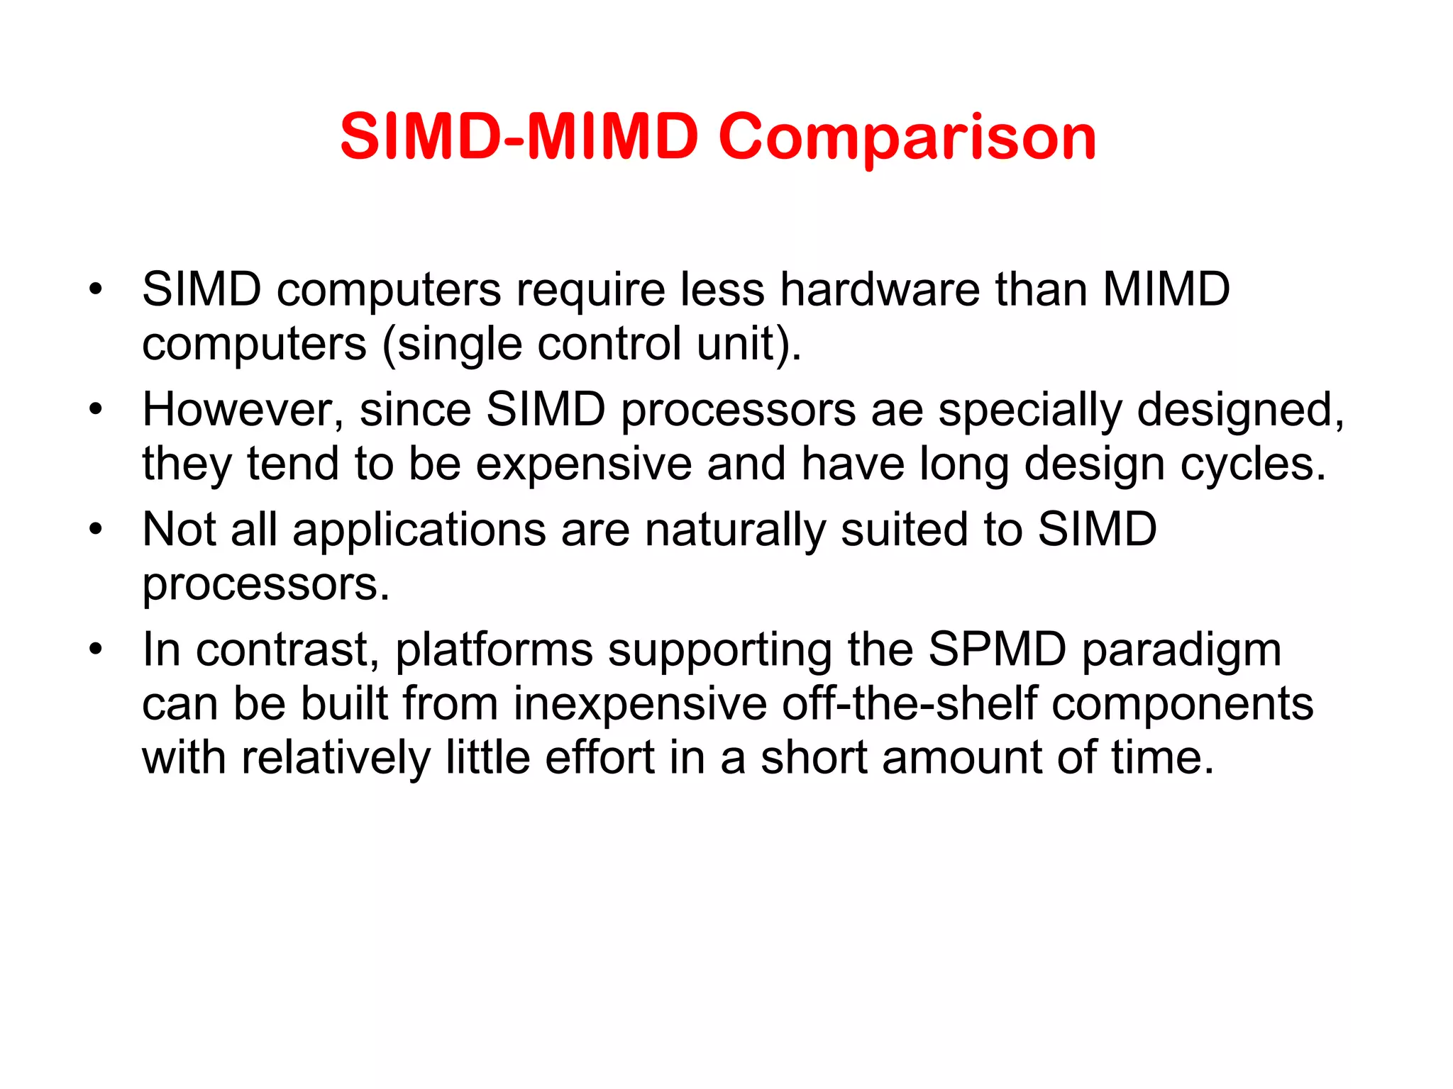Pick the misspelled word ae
897,411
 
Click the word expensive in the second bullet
583,464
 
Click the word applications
419,530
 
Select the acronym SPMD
997,649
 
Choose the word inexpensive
640,704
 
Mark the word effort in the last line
600,757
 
